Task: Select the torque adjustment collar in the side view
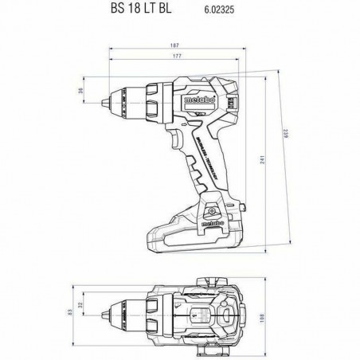[x=156, y=101]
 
